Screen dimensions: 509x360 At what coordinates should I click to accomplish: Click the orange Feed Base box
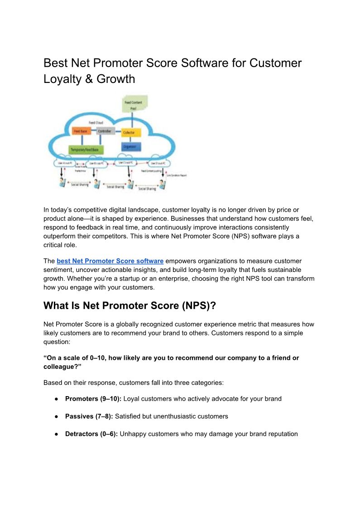(81, 131)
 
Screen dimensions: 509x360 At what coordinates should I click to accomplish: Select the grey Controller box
(105, 131)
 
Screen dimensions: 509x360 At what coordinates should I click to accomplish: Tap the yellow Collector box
(131, 132)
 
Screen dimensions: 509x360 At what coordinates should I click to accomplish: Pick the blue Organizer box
(132, 146)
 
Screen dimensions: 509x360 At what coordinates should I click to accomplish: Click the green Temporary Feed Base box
(86, 149)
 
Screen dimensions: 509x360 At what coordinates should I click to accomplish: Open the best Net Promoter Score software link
(110, 261)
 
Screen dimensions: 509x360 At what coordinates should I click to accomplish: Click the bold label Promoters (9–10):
(93, 399)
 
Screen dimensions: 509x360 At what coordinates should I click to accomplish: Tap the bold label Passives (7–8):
(90, 416)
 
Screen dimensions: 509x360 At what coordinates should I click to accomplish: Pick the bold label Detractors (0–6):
(91, 434)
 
